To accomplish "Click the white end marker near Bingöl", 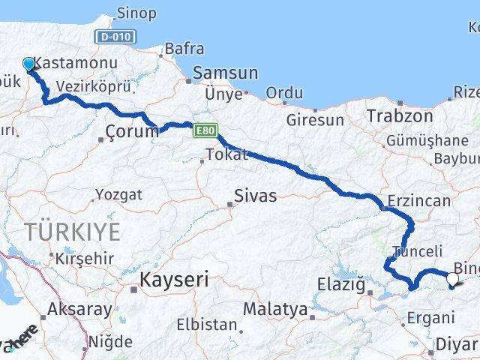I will (452, 280).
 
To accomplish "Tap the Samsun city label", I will (225, 73).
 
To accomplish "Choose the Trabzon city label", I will (400, 116).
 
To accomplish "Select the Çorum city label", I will (132, 132).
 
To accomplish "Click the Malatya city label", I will (274, 309).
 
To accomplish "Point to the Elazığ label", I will (341, 285).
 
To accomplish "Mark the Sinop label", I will (136, 13).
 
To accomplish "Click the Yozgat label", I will (118, 195).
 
